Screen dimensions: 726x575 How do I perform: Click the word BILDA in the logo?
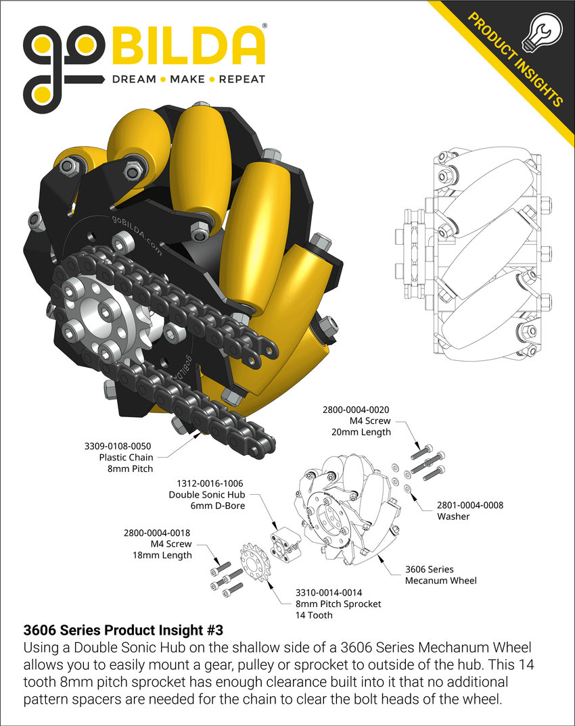coord(188,46)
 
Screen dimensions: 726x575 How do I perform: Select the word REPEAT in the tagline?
coord(242,80)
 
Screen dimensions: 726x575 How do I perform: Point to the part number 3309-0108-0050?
coord(118,446)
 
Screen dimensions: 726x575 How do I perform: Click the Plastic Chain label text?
coord(126,458)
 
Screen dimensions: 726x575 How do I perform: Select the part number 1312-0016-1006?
coord(210,483)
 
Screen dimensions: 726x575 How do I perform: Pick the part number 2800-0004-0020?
coord(356,410)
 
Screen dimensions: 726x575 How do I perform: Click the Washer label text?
coord(453,516)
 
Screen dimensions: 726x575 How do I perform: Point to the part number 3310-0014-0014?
coord(328,593)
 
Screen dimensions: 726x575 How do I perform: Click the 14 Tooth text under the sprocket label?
coord(314,615)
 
